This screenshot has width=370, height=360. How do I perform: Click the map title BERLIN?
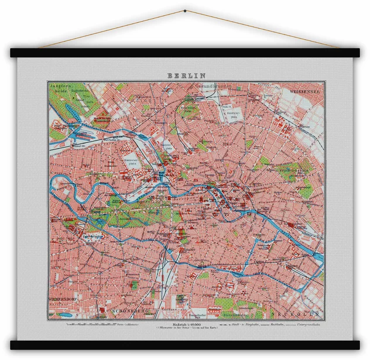click(x=186, y=75)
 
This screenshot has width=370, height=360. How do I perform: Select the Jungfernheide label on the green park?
click(x=60, y=87)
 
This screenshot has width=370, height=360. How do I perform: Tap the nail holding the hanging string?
click(x=185, y=11)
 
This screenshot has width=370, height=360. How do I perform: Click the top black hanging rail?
click(x=185, y=52)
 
